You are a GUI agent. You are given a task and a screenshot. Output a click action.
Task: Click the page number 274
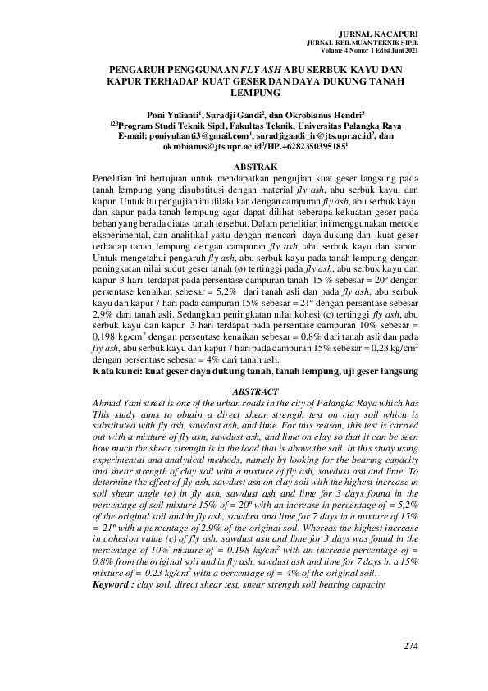[x=411, y=647]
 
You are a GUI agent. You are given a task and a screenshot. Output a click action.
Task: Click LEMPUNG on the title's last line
[x=244, y=95]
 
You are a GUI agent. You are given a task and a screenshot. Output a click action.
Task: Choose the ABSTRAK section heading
[x=244, y=167]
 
